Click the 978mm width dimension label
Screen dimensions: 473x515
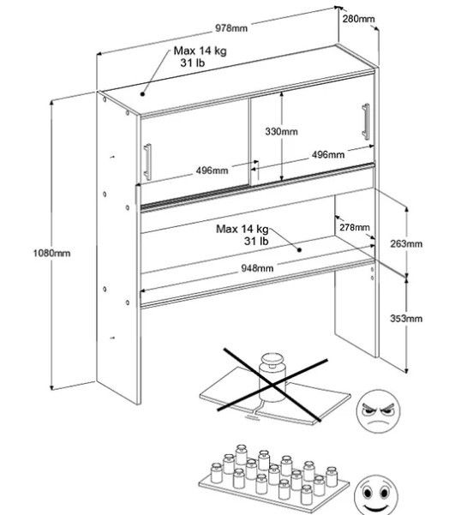click(231, 28)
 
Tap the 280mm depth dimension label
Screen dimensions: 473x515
click(358, 19)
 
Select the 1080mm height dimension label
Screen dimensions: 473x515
click(51, 254)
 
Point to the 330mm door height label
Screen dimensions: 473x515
click(282, 131)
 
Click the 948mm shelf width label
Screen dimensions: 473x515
click(257, 268)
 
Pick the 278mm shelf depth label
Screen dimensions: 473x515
click(355, 227)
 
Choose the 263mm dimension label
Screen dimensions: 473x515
click(406, 243)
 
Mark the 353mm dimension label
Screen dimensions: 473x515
click(406, 318)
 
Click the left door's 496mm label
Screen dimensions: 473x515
click(212, 171)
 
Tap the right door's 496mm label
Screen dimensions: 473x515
click(328, 154)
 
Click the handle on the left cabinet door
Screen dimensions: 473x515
click(147, 162)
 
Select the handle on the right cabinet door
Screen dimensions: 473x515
click(366, 121)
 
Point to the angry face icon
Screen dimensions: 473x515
click(379, 411)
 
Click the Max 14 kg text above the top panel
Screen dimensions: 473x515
click(200, 51)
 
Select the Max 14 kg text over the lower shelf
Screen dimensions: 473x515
click(242, 229)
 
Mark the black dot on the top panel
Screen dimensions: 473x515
click(142, 94)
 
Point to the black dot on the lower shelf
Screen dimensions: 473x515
click(299, 250)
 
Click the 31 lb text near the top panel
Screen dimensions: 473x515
click(193, 63)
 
